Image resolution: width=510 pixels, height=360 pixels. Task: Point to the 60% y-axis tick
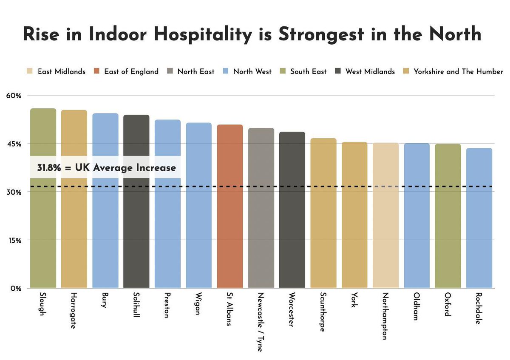(x=13, y=96)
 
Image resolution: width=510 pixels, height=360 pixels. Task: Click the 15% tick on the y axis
(x=13, y=240)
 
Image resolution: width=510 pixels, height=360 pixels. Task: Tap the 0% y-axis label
(x=15, y=288)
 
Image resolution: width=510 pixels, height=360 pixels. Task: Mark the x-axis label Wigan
(x=198, y=304)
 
